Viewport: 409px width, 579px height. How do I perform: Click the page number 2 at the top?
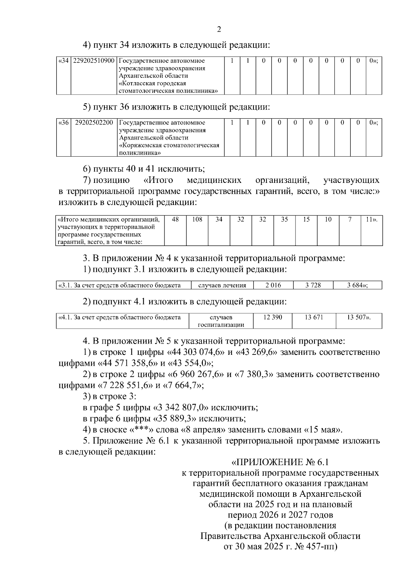tap(219, 29)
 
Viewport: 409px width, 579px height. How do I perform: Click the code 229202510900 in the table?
tap(94, 61)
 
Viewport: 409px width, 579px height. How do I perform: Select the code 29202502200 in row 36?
tap(94, 123)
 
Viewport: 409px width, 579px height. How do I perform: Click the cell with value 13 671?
tap(314, 318)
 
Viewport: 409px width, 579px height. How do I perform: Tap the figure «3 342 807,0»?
tap(181, 408)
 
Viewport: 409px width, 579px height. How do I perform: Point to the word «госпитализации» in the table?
tap(221, 325)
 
